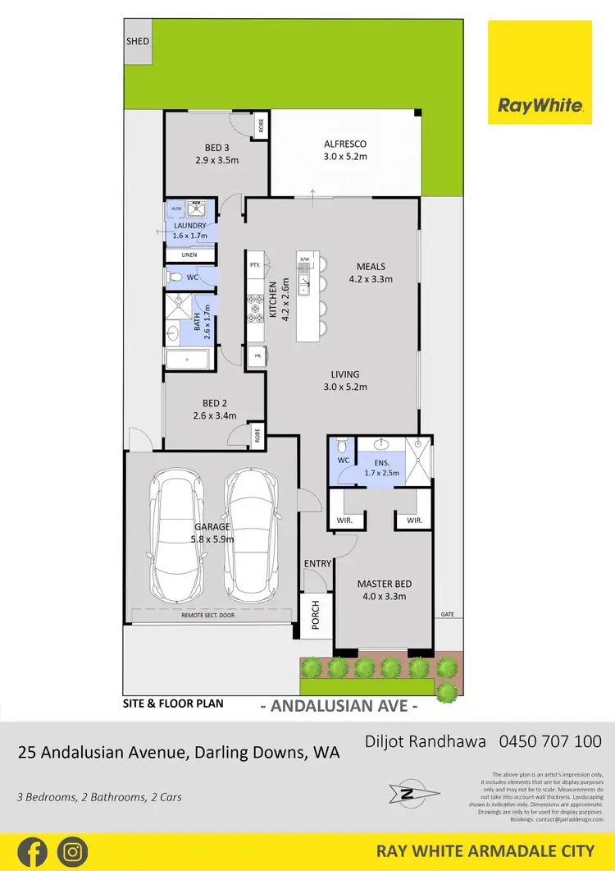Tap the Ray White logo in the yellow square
click(x=540, y=105)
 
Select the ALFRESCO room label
click(x=345, y=144)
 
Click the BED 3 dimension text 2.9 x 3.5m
click(x=216, y=160)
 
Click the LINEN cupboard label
click(x=189, y=255)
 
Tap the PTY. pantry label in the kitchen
click(x=255, y=265)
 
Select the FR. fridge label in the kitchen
click(x=255, y=355)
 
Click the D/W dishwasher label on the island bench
click(x=304, y=260)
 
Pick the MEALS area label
click(x=371, y=267)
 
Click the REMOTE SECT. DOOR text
click(x=208, y=615)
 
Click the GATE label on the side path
click(x=447, y=614)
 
